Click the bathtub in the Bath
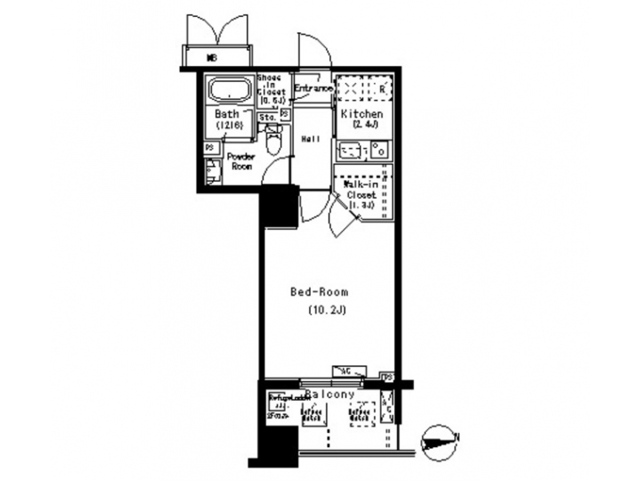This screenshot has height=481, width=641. coord(229,92)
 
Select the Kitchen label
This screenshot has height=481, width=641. coord(362,115)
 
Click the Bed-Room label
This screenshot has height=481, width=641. coord(319,292)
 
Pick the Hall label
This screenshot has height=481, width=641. coord(311,139)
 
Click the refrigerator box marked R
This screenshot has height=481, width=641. coord(381,90)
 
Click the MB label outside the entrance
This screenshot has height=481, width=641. coord(212,57)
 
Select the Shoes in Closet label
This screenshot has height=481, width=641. coord(271,90)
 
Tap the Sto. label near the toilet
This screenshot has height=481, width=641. coord(266,117)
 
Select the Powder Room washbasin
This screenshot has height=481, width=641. coord(211,171)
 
